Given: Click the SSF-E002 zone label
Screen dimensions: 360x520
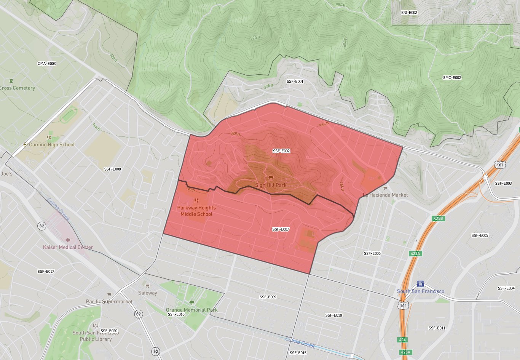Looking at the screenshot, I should click(281, 151).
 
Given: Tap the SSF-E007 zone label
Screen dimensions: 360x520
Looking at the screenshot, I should click(281, 229).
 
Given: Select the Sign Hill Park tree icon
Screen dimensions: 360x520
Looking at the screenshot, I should click(271, 178).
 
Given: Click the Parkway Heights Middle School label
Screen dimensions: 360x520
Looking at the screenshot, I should click(196, 211).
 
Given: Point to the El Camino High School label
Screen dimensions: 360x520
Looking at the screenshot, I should click(49, 145).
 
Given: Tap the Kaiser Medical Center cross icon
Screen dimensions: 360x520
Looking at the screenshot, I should click(68, 240).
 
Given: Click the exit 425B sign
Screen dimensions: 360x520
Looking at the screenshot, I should click(439, 219).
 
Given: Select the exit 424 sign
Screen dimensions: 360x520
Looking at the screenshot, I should click(402, 339).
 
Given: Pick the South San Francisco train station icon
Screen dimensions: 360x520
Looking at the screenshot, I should click(420, 284).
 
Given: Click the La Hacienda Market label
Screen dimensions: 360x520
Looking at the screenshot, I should click(385, 195).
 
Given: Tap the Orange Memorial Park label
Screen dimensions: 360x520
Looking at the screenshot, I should click(192, 310).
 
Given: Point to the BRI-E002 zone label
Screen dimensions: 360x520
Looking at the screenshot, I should click(409, 13).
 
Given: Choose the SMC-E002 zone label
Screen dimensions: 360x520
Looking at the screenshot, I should click(452, 78).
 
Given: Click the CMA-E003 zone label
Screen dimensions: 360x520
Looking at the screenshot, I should click(46, 64).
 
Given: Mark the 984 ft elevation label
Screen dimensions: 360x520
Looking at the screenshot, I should click(340, 5).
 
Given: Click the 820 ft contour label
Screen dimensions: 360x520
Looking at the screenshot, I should click(255, 38).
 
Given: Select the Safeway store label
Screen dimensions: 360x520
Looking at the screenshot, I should click(148, 293).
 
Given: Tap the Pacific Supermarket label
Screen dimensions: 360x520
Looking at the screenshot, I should click(109, 302).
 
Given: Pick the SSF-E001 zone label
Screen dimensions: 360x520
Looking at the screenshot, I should click(295, 82).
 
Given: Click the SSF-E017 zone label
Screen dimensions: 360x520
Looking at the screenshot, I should click(46, 272).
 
